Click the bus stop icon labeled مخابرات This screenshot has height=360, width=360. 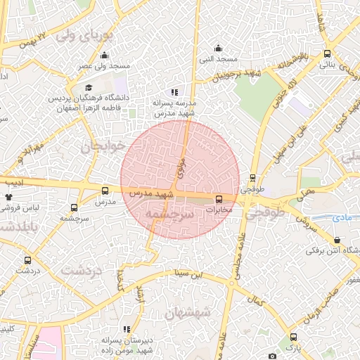pyautogui.click(x=219, y=199)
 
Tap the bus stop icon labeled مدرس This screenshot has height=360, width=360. pyautogui.click(x=105, y=191)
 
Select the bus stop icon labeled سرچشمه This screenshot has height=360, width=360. pyautogui.click(x=75, y=207)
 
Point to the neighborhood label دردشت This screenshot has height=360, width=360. pyautogui.click(x=82, y=270)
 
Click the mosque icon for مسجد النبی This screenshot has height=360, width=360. pyautogui.click(x=219, y=48)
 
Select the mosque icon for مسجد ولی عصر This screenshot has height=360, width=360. pyautogui.click(x=105, y=56)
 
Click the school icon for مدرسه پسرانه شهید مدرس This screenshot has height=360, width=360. pyautogui.click(x=174, y=92)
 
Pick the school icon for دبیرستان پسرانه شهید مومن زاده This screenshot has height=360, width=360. pyautogui.click(x=127, y=328)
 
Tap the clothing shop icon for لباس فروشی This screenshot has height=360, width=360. pyautogui.click(x=9, y=199)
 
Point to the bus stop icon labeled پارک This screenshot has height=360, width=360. pyautogui.click(x=293, y=337)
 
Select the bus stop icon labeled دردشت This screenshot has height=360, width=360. pyautogui.click(x=28, y=259)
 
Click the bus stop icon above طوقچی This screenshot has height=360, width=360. pyautogui.click(x=253, y=178)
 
